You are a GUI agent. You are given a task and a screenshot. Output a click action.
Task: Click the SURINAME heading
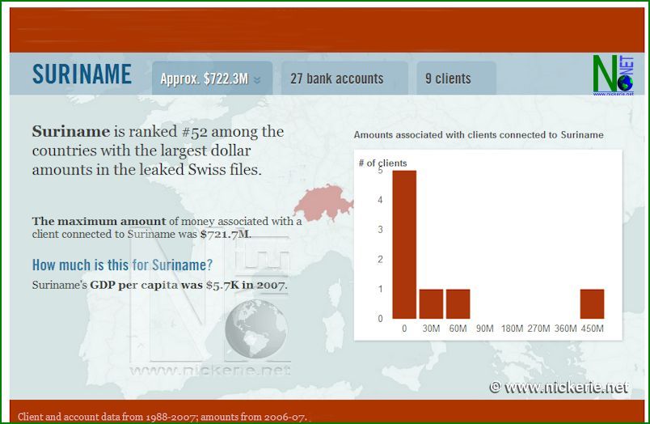[82, 74]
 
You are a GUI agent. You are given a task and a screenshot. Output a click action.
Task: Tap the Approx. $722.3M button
[212, 78]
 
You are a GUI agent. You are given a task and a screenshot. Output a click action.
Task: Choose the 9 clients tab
[456, 78]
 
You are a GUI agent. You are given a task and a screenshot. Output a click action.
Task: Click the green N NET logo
[613, 74]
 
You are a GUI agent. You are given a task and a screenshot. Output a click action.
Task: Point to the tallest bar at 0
[404, 244]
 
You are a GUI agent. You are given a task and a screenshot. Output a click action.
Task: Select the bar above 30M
[431, 303]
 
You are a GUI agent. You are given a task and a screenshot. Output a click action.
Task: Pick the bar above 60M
[458, 303]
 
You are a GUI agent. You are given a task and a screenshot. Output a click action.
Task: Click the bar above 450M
[592, 303]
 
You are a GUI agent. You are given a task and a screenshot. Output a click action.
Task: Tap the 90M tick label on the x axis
[484, 329]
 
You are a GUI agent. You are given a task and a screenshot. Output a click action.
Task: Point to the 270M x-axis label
[538, 329]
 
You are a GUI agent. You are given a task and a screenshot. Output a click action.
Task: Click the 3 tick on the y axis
[380, 230]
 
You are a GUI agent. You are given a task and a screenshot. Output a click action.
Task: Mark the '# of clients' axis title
[382, 163]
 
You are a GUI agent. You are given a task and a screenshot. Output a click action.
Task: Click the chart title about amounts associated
[479, 135]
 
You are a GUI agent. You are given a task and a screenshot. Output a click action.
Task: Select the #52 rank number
[195, 132]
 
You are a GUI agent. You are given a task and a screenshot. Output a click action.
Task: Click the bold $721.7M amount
[225, 234]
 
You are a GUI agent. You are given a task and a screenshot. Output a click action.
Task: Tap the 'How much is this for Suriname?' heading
[122, 265]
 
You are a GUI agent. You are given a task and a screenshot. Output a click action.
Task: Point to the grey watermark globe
[256, 329]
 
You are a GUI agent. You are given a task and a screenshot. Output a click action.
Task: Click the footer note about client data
[162, 417]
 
